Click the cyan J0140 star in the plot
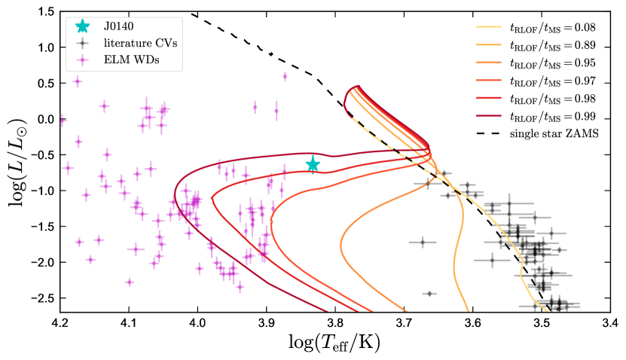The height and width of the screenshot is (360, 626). [313, 164]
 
